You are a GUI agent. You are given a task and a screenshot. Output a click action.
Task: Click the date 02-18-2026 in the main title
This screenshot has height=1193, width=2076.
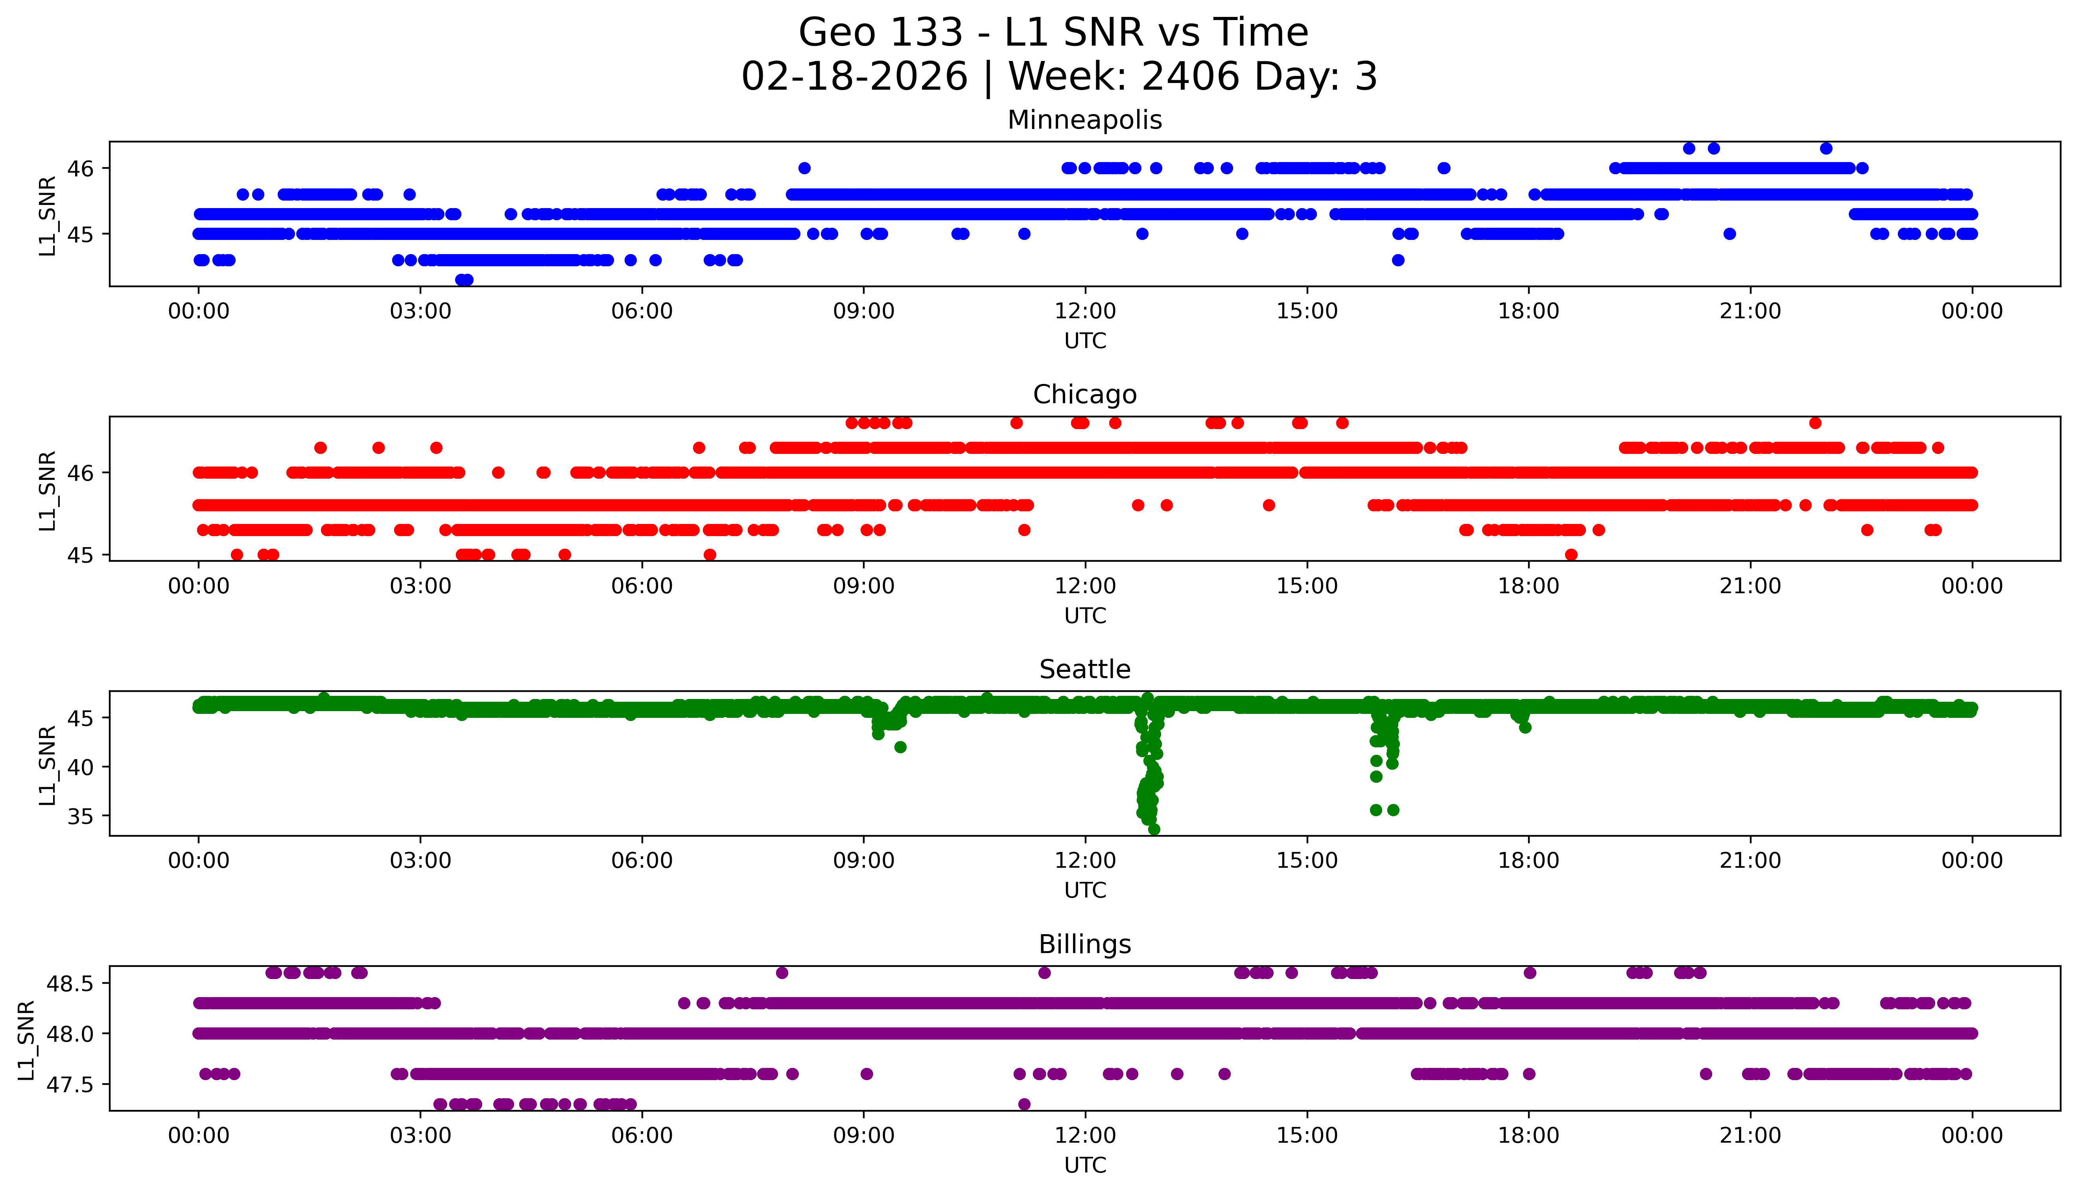[854, 77]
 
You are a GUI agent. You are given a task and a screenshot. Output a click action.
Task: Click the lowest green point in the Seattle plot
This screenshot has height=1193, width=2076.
[1154, 829]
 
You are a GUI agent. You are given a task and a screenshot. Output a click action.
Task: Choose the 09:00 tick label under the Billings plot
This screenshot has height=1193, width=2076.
[863, 1136]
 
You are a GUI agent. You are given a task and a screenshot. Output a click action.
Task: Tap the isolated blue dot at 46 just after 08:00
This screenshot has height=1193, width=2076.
[804, 168]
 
